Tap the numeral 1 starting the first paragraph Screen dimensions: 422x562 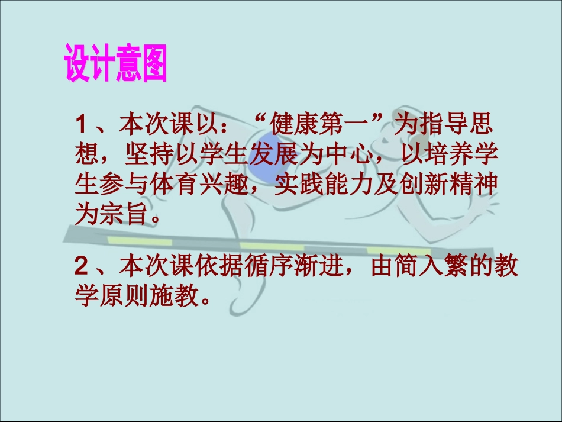(82, 126)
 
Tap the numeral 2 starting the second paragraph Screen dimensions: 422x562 (82, 267)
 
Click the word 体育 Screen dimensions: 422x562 (159, 185)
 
